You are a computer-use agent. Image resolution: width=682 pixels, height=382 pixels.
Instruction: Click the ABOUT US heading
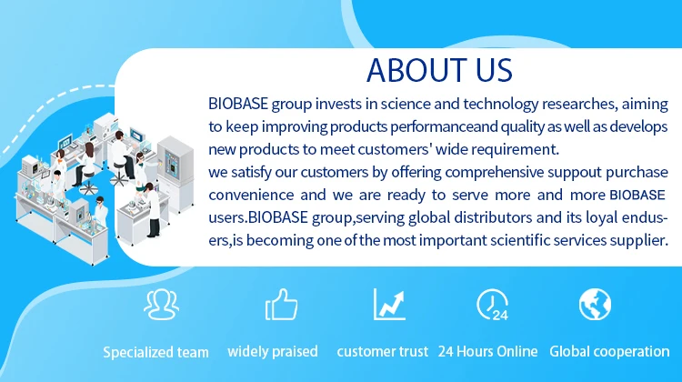click(439, 70)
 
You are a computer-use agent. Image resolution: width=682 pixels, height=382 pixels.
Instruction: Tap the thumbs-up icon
click(281, 305)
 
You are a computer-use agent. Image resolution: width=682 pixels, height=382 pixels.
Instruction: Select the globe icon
click(595, 304)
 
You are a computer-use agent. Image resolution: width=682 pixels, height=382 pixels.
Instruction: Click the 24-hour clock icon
click(492, 305)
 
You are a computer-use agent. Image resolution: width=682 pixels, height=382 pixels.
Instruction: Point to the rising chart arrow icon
click(389, 304)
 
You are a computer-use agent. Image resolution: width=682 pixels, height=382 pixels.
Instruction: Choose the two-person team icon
click(161, 305)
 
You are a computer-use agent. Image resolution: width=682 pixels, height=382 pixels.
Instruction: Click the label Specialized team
click(155, 352)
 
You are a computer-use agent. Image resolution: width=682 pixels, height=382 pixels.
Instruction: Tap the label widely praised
click(273, 351)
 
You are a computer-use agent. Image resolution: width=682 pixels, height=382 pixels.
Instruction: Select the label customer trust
click(382, 351)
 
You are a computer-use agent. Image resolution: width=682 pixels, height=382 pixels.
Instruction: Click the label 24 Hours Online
click(487, 351)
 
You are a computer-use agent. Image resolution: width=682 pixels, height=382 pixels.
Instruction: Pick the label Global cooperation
click(609, 352)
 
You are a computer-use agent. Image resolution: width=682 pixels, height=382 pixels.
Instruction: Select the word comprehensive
click(494, 172)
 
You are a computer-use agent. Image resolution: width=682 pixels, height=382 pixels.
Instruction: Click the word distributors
click(493, 217)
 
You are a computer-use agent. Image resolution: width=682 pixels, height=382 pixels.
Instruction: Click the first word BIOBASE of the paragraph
click(238, 104)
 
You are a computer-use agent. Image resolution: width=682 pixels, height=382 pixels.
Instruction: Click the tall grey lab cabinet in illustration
click(176, 173)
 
